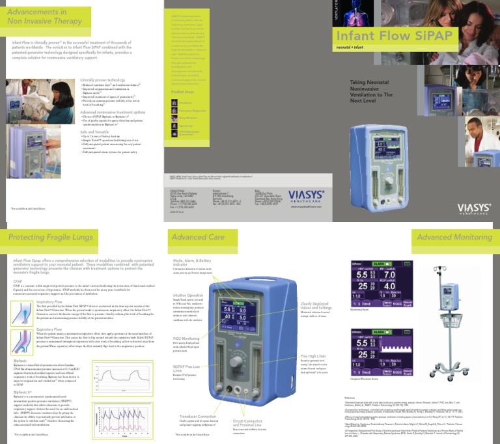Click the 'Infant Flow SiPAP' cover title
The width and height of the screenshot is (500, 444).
[393, 36]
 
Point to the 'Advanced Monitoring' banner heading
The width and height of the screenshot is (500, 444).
[454, 237]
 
